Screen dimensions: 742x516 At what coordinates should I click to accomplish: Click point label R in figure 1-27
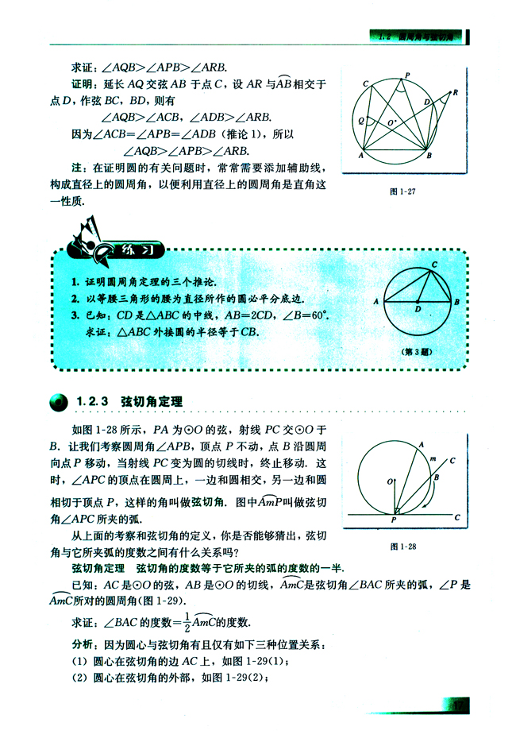(456, 92)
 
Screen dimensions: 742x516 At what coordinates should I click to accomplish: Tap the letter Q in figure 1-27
(362, 122)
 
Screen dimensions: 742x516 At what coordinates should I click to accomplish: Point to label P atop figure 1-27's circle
(407, 75)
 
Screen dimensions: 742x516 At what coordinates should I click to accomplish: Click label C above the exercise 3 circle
(434, 264)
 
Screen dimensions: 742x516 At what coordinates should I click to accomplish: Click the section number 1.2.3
(94, 402)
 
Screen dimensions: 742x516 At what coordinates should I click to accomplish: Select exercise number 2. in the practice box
(71, 298)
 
